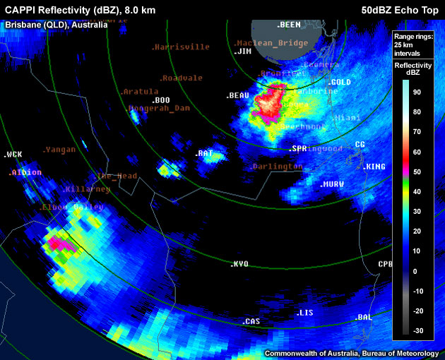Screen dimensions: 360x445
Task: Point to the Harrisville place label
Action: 181,47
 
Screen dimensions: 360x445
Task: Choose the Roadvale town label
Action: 181,78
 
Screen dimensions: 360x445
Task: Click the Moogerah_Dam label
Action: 159,108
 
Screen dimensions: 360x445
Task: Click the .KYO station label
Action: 239,264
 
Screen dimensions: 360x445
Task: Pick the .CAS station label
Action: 251,321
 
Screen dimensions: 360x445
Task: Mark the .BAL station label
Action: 363,318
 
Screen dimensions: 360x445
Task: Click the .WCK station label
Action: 13,154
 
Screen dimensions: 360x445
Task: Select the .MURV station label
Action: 331,184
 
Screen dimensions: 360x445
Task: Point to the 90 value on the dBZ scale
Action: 417,92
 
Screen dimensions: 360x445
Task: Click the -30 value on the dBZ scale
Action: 417,330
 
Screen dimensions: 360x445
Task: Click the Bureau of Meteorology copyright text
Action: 351,352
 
